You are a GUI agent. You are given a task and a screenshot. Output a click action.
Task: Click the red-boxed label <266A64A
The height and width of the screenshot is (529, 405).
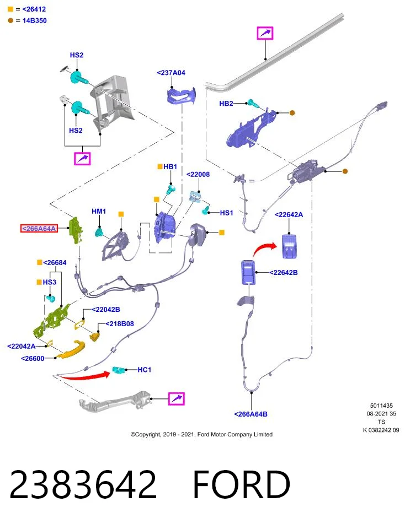point(39,228)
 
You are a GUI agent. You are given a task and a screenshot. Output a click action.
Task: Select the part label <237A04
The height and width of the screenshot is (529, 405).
point(171,73)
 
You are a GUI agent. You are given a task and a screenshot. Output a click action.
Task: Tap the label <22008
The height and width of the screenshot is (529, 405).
point(198,174)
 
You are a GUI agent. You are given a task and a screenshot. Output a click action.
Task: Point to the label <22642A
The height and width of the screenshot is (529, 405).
point(289,214)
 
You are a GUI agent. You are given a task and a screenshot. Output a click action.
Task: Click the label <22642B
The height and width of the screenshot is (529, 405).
point(284,273)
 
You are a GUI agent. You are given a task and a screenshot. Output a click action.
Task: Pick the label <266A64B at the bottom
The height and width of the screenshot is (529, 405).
point(251,414)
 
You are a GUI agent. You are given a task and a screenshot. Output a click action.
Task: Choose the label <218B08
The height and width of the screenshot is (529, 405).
point(120,323)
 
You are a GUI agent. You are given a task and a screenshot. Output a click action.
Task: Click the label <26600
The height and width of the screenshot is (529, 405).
point(33,358)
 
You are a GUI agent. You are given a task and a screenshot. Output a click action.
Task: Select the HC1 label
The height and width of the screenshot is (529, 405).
point(144,370)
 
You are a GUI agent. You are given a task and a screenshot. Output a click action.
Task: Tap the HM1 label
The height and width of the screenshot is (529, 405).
point(99,211)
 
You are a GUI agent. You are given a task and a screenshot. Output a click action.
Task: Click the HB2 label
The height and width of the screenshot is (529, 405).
point(226,103)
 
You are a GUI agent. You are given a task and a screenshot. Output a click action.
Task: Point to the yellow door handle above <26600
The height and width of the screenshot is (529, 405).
point(71,350)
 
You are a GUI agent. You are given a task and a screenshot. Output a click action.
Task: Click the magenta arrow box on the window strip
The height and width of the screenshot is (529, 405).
point(265,33)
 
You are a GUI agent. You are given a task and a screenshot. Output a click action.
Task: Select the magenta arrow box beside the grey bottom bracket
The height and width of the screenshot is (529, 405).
point(177,399)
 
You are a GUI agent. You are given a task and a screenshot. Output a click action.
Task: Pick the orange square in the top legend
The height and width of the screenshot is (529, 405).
point(10,9)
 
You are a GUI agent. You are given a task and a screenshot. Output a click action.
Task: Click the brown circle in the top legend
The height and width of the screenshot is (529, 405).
point(10,20)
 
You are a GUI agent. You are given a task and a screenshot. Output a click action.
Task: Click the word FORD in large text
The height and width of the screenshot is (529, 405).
point(242,484)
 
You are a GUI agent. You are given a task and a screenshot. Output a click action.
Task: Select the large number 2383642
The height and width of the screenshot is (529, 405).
point(83,484)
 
